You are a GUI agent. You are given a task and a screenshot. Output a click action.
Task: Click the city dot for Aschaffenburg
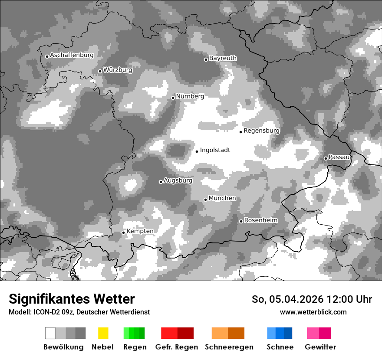pos(47,56)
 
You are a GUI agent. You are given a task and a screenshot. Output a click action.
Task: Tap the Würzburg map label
pos(118,70)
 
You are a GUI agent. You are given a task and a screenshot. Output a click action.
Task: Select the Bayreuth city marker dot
pos(206,59)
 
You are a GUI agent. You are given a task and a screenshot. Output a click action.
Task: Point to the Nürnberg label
pos(190,96)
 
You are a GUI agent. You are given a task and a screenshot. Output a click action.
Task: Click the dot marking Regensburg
pos(240,131)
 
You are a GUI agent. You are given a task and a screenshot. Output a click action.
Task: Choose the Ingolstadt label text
pos(215,150)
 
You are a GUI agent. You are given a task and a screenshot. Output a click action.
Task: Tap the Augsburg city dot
pos(161,182)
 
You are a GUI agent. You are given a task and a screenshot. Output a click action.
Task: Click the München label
pos(222,198)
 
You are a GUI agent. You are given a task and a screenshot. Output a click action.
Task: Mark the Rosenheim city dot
pos(241,221)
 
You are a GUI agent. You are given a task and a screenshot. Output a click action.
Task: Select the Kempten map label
pos(140,231)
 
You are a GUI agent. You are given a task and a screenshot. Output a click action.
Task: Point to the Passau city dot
pos(326,158)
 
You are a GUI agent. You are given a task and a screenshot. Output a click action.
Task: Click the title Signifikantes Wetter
pos(72,299)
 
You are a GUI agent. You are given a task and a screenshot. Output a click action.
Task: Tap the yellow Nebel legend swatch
pos(103,333)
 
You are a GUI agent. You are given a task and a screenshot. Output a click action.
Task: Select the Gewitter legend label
pos(320,347)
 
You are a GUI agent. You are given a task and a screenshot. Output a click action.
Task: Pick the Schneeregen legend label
pos(229,347)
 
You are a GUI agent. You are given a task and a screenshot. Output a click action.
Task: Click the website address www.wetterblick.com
pos(313,312)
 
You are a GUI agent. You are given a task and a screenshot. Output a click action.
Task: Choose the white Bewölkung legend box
pos(50,333)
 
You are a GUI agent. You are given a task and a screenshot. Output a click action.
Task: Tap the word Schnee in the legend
pos(280,347)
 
